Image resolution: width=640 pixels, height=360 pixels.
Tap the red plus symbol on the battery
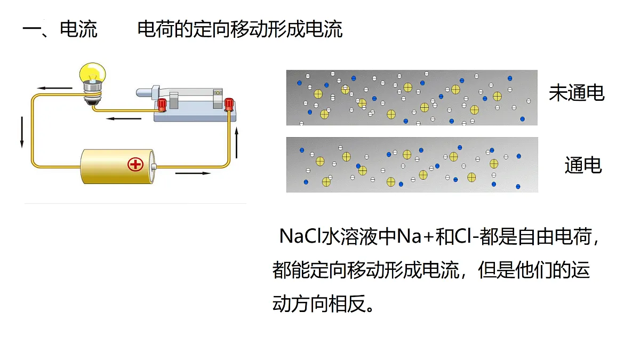[x=135, y=164]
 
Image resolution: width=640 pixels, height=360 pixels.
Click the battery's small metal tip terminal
[x=154, y=166]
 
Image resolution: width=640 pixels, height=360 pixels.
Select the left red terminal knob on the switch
[x=162, y=105]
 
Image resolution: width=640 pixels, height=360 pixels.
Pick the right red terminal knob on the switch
[x=229, y=105]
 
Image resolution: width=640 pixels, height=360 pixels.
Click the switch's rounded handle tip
[x=141, y=93]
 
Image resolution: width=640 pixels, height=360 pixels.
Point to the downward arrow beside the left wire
[x=22, y=132]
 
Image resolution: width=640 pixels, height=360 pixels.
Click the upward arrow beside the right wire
[x=237, y=143]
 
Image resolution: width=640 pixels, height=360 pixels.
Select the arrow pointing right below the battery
[x=193, y=173]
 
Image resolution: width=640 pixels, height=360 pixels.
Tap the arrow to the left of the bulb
[x=54, y=88]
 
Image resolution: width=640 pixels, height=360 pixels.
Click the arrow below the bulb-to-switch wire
[x=124, y=118]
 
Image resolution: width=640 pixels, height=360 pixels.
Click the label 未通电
[x=577, y=93]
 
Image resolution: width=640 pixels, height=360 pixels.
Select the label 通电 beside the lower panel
[x=583, y=165]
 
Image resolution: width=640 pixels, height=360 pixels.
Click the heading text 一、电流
[x=60, y=29]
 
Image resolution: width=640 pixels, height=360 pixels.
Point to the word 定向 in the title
[x=211, y=29]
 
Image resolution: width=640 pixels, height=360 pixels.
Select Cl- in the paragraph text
[x=466, y=237]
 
